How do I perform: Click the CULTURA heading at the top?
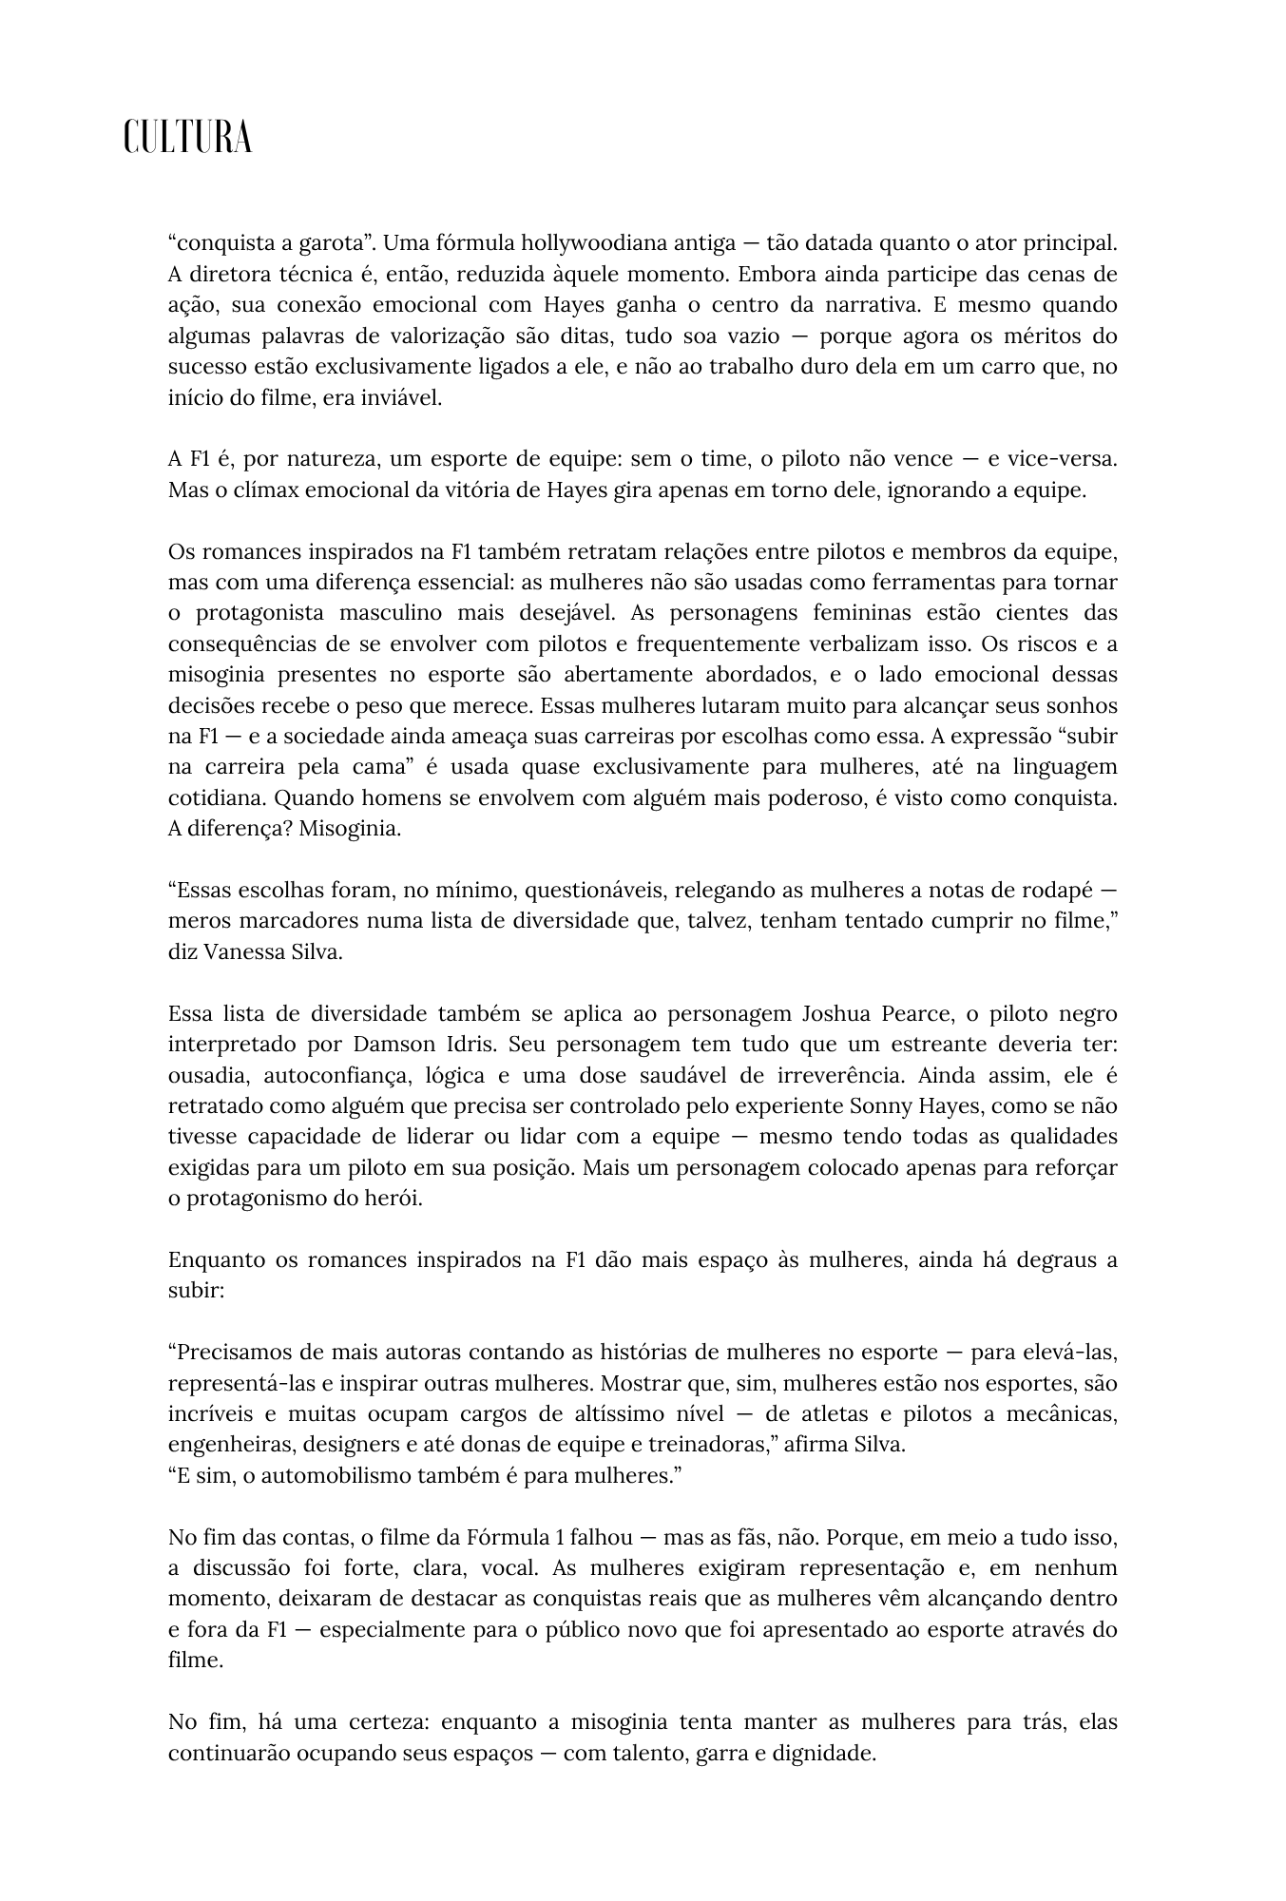tap(187, 138)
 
